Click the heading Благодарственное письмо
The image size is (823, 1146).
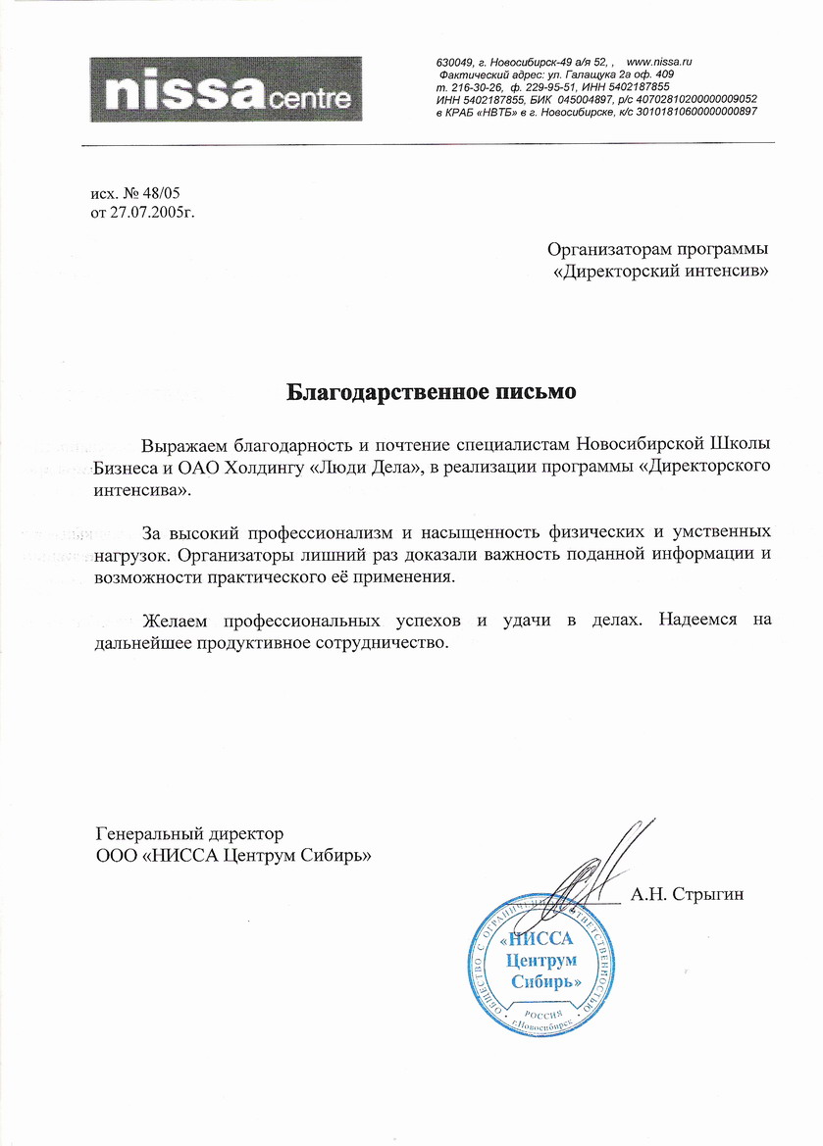431,392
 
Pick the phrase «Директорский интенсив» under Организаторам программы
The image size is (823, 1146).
661,268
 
